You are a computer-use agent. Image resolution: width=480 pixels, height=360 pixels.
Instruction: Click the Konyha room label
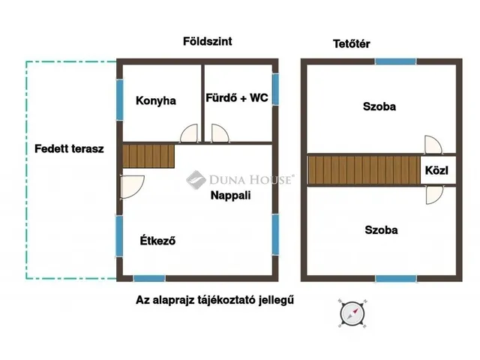coord(156,100)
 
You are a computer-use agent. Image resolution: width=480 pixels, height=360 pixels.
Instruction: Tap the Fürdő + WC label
coord(236,97)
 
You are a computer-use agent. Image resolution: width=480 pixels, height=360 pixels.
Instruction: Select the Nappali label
coord(230,196)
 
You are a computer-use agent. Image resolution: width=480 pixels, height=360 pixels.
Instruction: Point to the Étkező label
coord(157,241)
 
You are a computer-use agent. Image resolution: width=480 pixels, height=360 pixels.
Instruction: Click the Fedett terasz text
coord(69,148)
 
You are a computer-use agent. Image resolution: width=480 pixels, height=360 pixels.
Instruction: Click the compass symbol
coord(350,312)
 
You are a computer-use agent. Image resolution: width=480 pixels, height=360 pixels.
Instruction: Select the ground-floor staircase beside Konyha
coord(148,156)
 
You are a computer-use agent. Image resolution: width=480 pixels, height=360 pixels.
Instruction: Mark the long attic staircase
coord(363,169)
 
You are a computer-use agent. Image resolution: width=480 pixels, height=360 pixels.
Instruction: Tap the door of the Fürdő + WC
coord(220,133)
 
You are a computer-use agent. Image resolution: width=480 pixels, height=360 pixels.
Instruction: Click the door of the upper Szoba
coord(433,144)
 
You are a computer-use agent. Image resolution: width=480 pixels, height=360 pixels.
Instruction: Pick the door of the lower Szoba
coord(433,195)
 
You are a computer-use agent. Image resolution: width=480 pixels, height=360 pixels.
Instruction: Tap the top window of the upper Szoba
coord(395,61)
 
